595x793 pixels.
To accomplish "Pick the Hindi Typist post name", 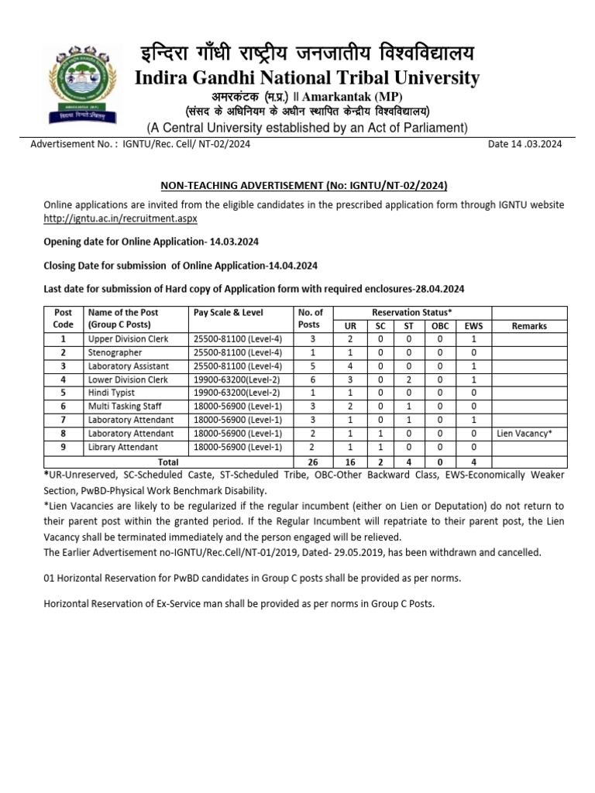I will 112,393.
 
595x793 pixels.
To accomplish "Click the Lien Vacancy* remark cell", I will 524,434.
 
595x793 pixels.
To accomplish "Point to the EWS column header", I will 473,326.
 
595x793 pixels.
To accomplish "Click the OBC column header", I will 440,326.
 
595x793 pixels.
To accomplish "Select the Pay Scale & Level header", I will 229,313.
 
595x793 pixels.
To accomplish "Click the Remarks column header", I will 529,326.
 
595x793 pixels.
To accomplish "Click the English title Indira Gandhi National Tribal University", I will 307,78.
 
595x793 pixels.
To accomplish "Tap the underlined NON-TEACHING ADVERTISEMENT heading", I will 304,186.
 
